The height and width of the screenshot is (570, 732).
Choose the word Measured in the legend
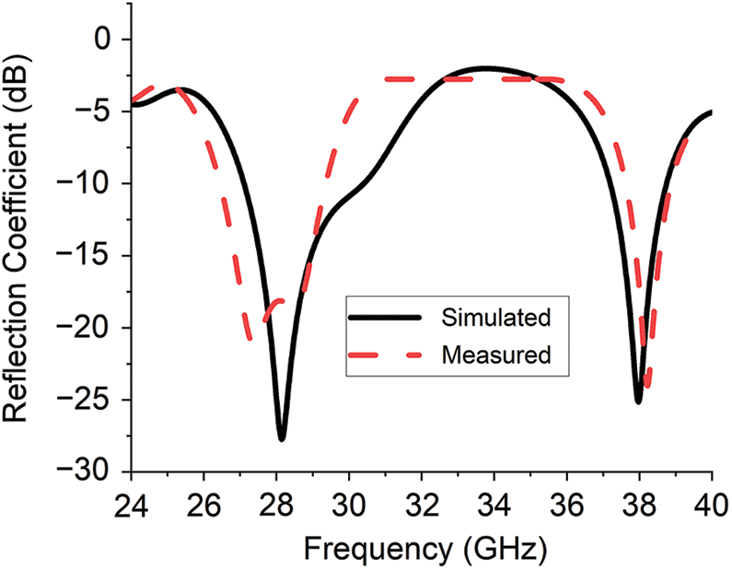pyautogui.click(x=496, y=354)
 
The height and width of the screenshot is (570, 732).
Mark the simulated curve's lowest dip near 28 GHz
pyautogui.click(x=282, y=439)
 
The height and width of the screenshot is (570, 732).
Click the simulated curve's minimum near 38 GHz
pyautogui.click(x=638, y=401)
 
